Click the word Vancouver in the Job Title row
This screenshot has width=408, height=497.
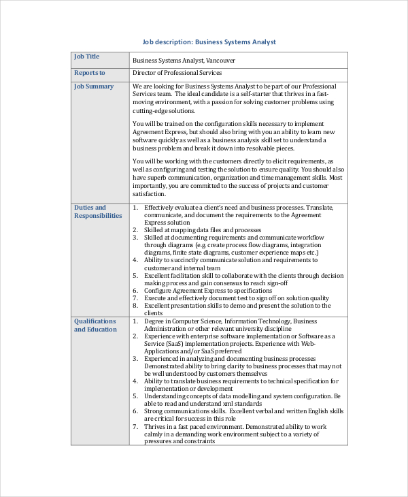[x=221, y=60]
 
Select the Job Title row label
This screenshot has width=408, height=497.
[x=86, y=57]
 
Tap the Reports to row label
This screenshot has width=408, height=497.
[x=90, y=73]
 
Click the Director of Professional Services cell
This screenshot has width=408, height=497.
[x=177, y=73]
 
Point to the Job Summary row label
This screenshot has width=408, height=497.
[x=94, y=86]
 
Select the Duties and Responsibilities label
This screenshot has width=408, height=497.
[x=98, y=212]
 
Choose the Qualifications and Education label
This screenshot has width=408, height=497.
[x=95, y=325]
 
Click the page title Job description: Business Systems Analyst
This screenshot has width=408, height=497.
[x=209, y=42]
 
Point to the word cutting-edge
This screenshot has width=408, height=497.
[x=150, y=110]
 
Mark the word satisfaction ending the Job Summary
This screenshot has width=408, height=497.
[x=150, y=193]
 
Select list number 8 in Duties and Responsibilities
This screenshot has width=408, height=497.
[x=135, y=306]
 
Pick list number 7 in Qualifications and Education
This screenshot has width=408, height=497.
[x=135, y=426]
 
